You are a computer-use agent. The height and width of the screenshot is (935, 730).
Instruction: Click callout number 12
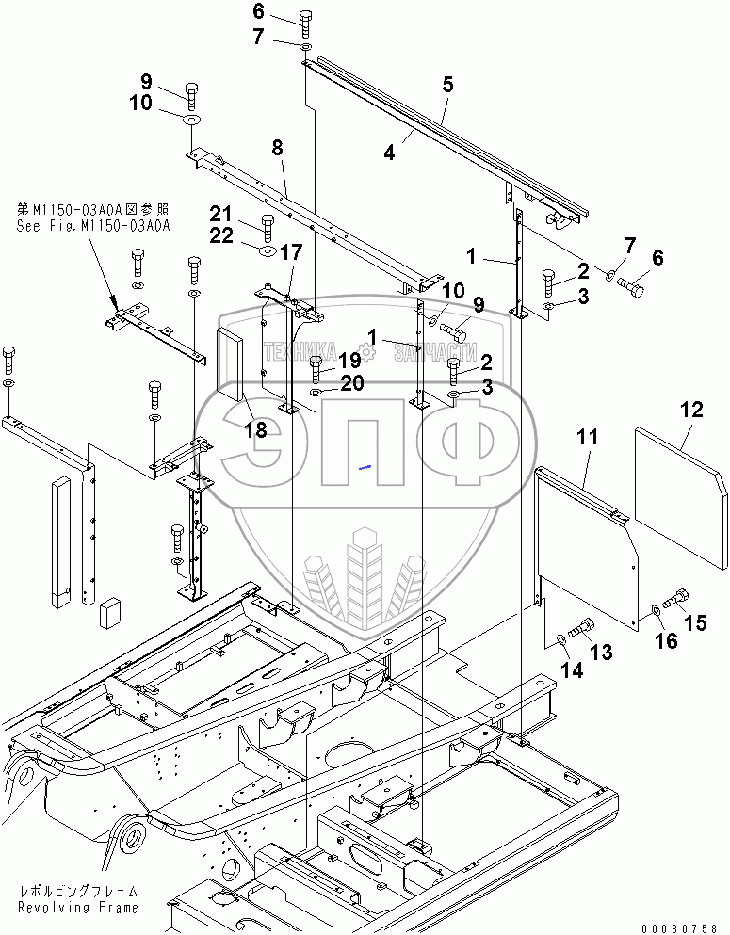(691, 410)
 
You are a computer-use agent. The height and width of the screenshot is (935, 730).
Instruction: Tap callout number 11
(588, 437)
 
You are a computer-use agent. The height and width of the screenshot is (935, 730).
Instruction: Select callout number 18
(255, 430)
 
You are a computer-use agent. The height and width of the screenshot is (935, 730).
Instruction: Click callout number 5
(447, 85)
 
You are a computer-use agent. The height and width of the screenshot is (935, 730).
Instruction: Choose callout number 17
(290, 252)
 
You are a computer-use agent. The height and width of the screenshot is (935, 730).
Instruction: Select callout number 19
(349, 360)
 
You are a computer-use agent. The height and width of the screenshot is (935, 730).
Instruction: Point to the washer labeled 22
(267, 252)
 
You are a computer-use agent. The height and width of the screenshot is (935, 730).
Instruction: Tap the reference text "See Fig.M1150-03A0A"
(92, 225)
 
